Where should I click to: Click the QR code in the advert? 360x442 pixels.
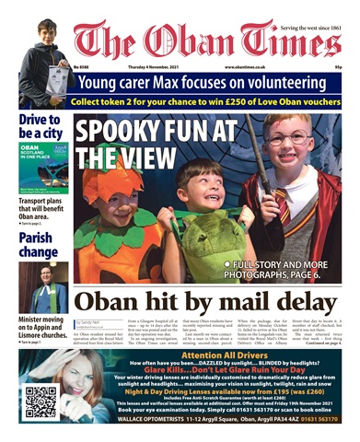click(x=41, y=401)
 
